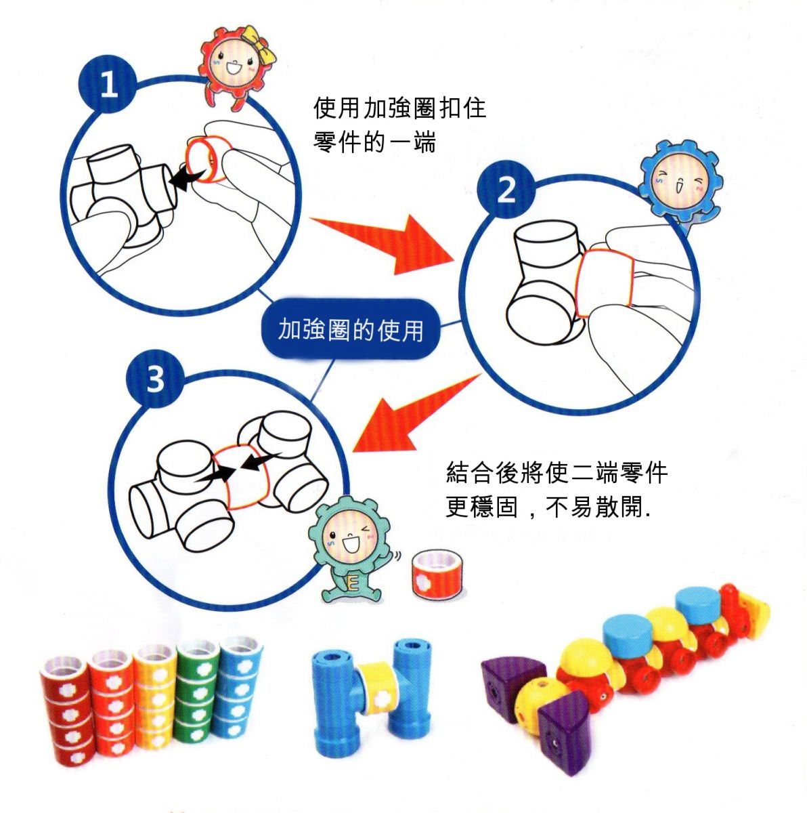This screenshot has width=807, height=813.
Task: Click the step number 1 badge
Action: click(x=108, y=86)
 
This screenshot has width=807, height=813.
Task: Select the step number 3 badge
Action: click(x=155, y=379)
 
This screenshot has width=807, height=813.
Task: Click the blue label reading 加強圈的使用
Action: click(x=351, y=330)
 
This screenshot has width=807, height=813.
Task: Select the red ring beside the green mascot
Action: click(x=435, y=572)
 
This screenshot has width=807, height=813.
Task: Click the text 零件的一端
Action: click(x=374, y=142)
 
